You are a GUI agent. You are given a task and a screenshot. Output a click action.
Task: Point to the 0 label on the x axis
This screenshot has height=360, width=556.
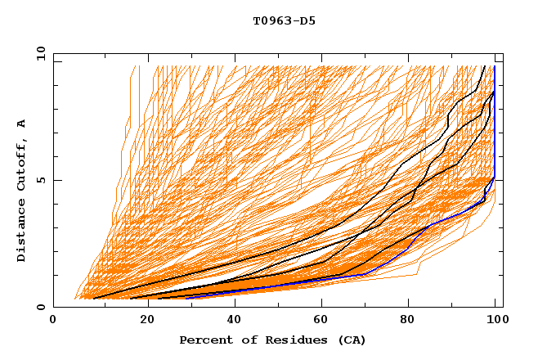click(53, 320)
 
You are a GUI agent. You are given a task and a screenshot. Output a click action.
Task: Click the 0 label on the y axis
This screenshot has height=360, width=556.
click(42, 308)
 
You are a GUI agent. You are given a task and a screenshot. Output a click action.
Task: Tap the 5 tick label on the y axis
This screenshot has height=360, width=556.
click(42, 180)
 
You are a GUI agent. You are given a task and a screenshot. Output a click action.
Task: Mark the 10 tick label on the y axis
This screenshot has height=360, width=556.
click(39, 53)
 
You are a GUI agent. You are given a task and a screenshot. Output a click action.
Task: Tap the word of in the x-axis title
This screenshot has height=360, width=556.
click(245, 340)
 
